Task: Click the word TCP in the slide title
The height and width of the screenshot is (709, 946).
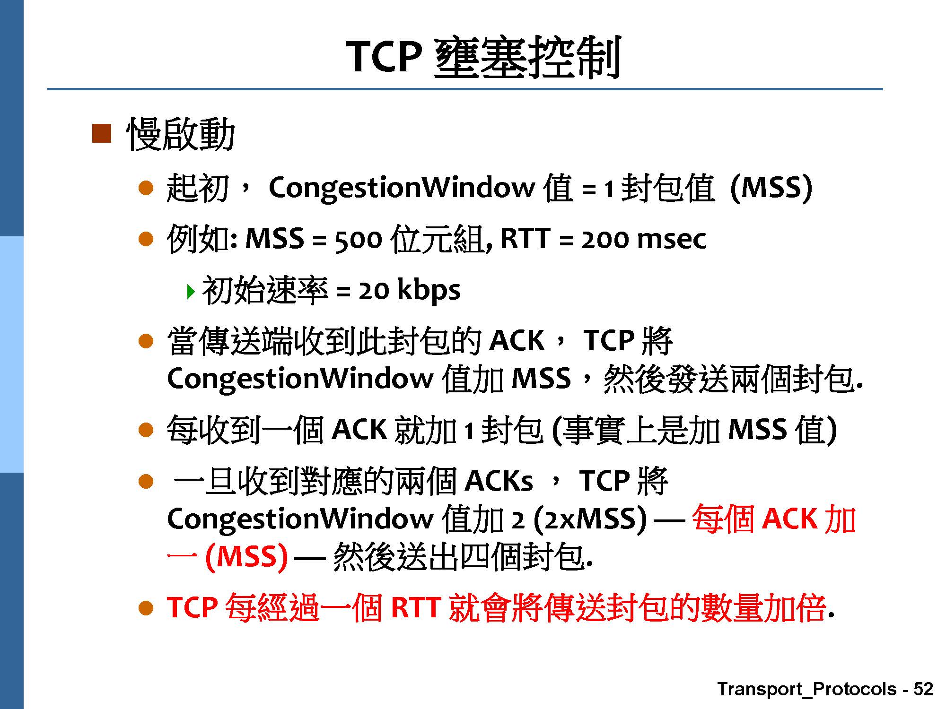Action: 384,56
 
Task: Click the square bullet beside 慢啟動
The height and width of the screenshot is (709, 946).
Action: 101,133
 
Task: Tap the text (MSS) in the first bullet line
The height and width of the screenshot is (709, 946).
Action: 771,187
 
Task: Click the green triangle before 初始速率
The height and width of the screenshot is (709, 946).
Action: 191,291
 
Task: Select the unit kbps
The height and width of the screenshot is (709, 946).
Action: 429,290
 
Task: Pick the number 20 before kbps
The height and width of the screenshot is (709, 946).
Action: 374,291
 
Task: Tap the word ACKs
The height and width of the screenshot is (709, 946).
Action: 499,481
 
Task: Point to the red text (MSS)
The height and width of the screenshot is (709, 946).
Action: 246,556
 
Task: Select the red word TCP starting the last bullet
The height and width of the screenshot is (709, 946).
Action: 193,607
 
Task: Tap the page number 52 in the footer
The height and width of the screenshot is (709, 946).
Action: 923,689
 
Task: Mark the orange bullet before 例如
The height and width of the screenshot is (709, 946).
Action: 146,239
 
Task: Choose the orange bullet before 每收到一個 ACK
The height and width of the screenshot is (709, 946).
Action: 146,430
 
